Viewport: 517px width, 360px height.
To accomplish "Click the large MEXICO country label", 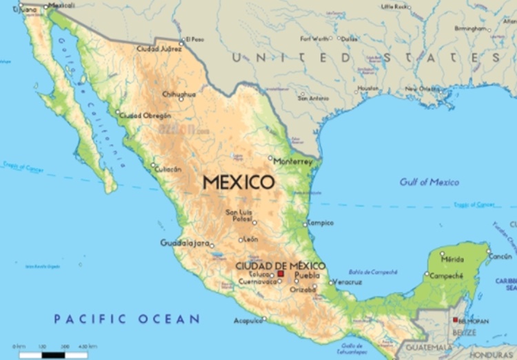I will pos(239,183).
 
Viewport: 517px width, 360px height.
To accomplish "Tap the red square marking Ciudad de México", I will pos(281,274).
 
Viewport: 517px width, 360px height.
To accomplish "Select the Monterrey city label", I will pos(293,161).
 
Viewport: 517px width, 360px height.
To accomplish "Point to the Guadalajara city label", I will pos(184,243).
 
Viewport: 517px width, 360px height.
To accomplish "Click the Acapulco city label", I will pos(248,321).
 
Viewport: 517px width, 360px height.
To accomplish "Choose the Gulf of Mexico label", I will pos(429,182).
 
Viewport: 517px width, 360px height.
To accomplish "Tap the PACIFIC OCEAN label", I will pos(127,319).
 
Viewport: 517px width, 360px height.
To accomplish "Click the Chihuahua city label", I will pos(179,94).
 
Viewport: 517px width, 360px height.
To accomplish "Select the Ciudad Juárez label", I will pos(160,50).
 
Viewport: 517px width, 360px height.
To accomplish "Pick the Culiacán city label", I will pos(169,169).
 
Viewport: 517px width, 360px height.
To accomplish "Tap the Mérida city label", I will pos(452,259).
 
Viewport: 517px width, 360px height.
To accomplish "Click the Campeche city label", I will pos(446,276).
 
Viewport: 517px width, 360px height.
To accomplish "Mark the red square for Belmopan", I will pos(454,320).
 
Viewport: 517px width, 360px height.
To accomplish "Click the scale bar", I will pos(53,354).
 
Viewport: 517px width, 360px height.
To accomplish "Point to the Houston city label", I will pos(368,88).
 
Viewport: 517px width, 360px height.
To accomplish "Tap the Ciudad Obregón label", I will pos(145,115).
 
